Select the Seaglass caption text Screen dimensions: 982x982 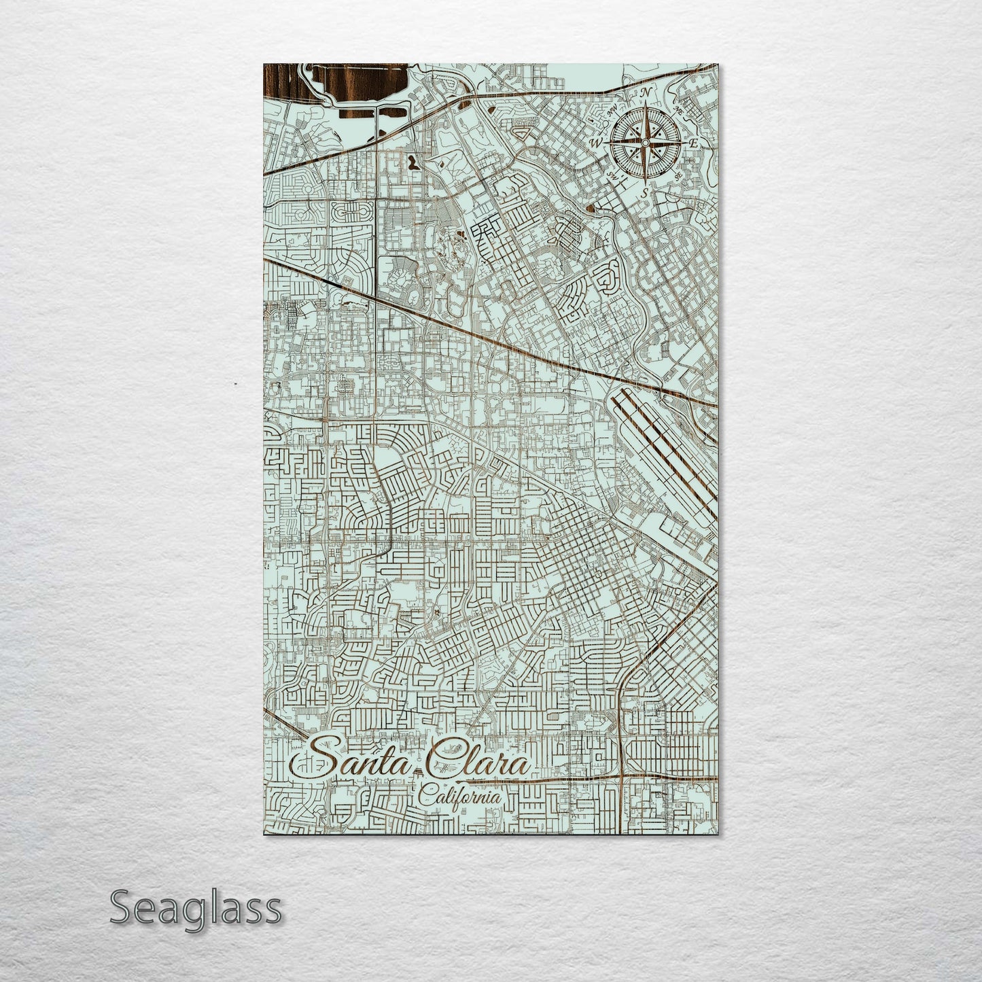195,908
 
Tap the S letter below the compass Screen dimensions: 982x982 644,193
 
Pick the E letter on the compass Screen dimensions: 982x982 694,143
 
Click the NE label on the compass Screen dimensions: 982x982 678,109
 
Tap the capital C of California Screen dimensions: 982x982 425,795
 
